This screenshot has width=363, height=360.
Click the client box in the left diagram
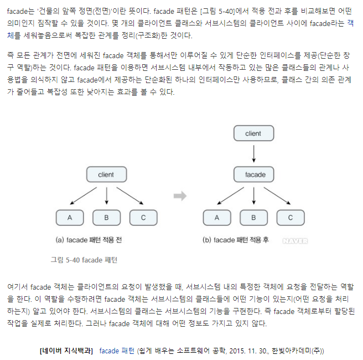pyautogui.click(x=106, y=175)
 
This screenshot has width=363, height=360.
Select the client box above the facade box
pyautogui.click(x=253, y=133)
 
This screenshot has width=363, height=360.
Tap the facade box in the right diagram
pyautogui.click(x=255, y=175)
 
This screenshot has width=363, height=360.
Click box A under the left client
pyautogui.click(x=70, y=217)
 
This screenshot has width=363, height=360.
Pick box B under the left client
pyautogui.click(x=107, y=217)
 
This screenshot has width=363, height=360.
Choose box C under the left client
pyautogui.click(x=143, y=217)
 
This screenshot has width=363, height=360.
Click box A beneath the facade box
pyautogui.click(x=217, y=217)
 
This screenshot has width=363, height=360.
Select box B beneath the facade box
pyautogui.click(x=254, y=217)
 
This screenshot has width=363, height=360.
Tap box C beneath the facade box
pyautogui.click(x=291, y=217)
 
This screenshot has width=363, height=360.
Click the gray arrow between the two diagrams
pyautogui.click(x=179, y=196)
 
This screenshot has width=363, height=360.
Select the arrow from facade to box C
pyautogui.click(x=275, y=196)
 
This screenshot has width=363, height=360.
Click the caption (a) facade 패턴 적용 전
pyautogui.click(x=89, y=240)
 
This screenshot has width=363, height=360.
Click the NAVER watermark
pyautogui.click(x=295, y=241)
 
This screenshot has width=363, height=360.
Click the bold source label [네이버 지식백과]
pyautogui.click(x=66, y=351)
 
